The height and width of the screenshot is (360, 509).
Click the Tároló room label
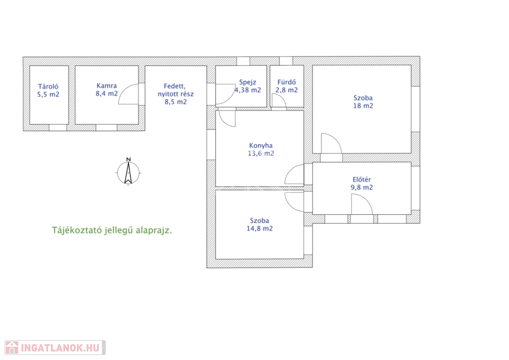[48, 87]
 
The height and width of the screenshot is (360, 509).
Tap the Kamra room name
[107, 86]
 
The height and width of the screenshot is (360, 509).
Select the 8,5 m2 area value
[175, 102]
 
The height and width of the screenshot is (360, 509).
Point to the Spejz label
[248, 83]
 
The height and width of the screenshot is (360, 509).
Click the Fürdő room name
[287, 82]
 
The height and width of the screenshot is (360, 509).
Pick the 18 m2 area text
[363, 106]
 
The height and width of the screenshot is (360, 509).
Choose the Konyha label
[261, 145]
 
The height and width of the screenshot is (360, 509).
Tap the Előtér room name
[362, 179]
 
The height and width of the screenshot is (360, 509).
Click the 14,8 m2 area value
[259, 229]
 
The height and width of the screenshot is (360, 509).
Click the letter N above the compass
[129, 159]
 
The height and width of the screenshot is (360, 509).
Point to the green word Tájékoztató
[76, 231]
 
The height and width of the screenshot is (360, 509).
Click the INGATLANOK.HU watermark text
[60, 348]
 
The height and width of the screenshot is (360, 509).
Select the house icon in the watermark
[12, 348]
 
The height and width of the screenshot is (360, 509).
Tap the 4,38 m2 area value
[248, 90]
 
